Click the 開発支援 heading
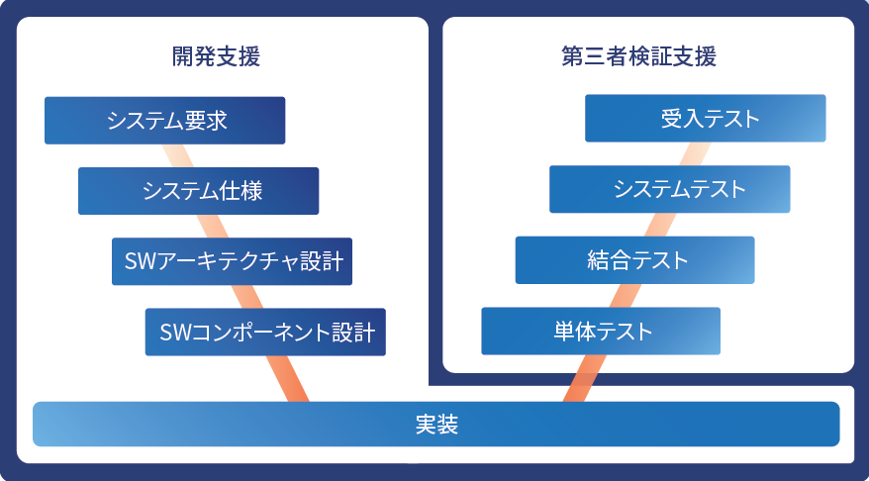216,56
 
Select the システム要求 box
165,120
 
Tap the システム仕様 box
199,191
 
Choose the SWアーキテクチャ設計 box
234,261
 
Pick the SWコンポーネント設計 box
265,332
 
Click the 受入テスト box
706,119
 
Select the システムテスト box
670,189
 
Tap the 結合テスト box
634,260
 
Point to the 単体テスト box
601,331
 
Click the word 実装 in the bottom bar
435,425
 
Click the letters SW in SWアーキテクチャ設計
137,261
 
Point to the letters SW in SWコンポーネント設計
171,332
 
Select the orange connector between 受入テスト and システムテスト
693,153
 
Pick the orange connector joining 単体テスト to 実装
577,378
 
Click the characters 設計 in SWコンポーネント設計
352,332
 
